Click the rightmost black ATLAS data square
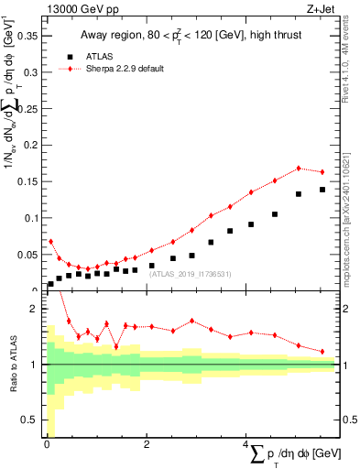click(322, 190)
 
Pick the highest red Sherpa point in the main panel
click(299, 169)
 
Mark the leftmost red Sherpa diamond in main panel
click(50, 242)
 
